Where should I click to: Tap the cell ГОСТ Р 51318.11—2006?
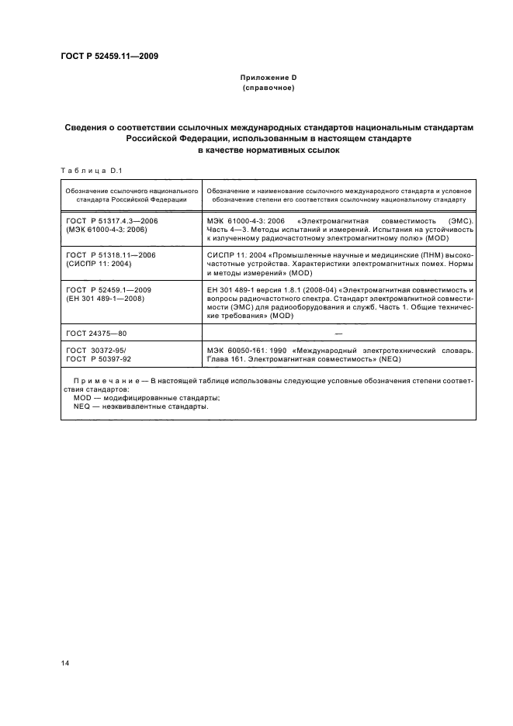(x=112, y=254)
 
